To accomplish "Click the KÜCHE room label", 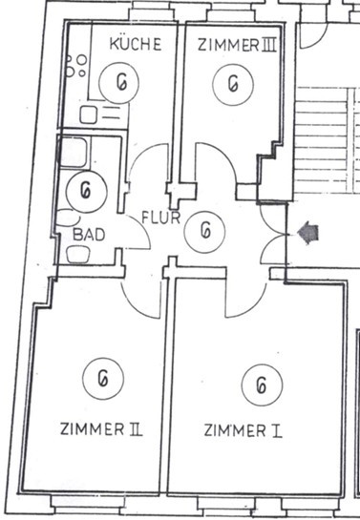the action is pos(136,44).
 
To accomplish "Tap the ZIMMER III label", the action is pos(237,45).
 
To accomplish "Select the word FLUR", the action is pos(161,218).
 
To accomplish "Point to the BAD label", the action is pos(89,235).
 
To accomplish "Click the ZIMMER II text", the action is pos(101,428).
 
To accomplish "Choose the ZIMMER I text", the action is pos(243,430).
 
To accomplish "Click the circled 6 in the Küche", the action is pos(119,82).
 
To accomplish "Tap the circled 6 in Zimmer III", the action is pos(233,84).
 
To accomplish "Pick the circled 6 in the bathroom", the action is pos(87,192).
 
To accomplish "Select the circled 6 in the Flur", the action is pos(204,232).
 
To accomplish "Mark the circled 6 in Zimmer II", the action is pos(103,379).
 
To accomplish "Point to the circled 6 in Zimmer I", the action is pos(262,385).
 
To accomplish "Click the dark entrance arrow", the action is pos(308,233).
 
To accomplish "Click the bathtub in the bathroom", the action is pos(74,152).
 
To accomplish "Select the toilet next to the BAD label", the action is pos(78,255).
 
